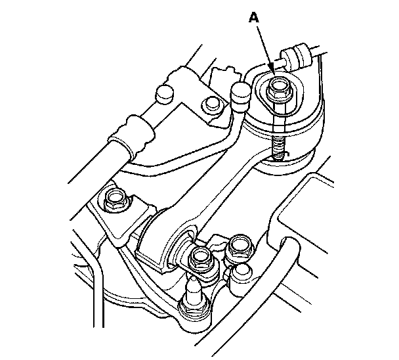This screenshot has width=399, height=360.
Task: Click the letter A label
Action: (x=253, y=18)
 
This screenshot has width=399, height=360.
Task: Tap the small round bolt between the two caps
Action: (x=211, y=104)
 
